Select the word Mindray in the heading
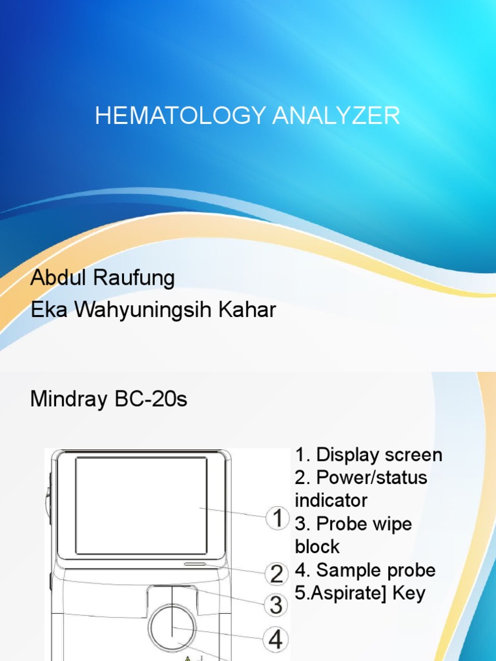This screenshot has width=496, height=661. pyautogui.click(x=68, y=400)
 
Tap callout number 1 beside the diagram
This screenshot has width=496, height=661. pyautogui.click(x=278, y=518)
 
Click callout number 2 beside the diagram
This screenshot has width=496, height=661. pyautogui.click(x=277, y=574)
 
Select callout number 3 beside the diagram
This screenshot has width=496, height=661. pyautogui.click(x=276, y=605)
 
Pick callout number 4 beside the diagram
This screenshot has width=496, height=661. pyautogui.click(x=276, y=640)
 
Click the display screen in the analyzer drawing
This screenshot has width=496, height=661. pyautogui.click(x=141, y=505)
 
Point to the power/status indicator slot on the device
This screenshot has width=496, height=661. pyautogui.click(x=195, y=564)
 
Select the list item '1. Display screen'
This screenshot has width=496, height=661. pyautogui.click(x=369, y=455)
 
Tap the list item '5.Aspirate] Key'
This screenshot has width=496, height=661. pyautogui.click(x=360, y=593)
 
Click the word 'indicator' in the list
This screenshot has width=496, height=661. pyautogui.click(x=331, y=501)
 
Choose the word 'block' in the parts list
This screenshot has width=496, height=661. pyautogui.click(x=317, y=547)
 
